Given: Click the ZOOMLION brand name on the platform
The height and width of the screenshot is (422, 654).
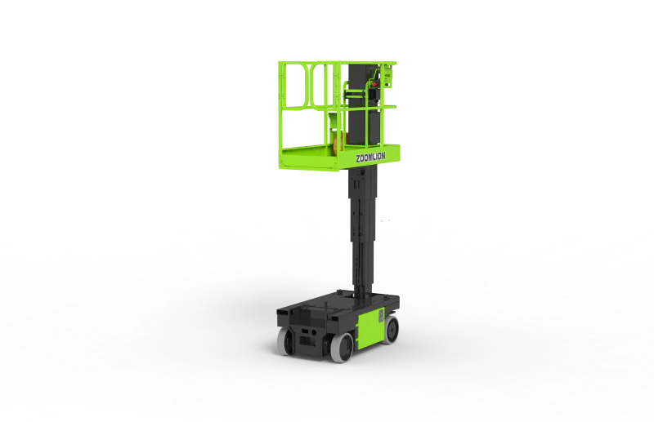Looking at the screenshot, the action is pos(370,157).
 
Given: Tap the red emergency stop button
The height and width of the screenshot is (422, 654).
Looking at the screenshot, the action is pos(374,84).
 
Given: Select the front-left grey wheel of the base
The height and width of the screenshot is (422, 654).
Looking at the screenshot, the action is pos(285,341).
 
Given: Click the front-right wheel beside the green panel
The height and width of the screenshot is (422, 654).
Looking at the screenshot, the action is pos(343,348).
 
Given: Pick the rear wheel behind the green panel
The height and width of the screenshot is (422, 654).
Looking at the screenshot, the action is pos(391,329).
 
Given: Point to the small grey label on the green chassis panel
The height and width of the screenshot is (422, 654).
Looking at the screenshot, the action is pos(381,315).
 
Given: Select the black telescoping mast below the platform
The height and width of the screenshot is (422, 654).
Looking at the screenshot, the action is pos(363,230).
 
